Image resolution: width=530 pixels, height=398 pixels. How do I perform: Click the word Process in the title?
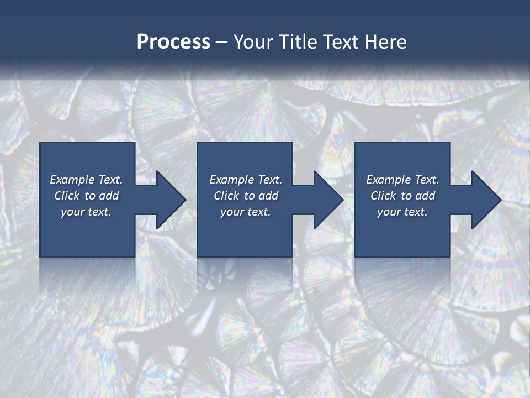pyautogui.click(x=173, y=42)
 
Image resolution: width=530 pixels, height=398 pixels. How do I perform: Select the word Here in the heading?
pyautogui.click(x=385, y=42)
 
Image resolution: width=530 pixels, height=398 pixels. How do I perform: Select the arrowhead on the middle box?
pyautogui.click(x=327, y=200)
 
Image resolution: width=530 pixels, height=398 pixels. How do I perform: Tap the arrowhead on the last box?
pyautogui.click(x=485, y=200)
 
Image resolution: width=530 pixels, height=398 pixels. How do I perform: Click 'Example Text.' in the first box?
pyautogui.click(x=86, y=180)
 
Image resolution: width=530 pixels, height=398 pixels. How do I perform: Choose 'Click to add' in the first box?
pyautogui.click(x=86, y=196)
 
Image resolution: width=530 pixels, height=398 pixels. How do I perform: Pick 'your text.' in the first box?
pyautogui.click(x=86, y=212)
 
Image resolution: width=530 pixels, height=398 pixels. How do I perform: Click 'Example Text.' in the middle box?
pyautogui.click(x=245, y=180)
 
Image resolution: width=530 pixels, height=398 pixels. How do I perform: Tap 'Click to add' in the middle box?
pyautogui.click(x=245, y=196)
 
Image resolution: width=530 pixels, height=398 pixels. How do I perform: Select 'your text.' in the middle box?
pyautogui.click(x=245, y=212)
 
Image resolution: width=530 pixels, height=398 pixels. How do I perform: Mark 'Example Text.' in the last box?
pyautogui.click(x=402, y=180)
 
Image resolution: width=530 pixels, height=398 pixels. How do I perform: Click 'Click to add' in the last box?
pyautogui.click(x=402, y=196)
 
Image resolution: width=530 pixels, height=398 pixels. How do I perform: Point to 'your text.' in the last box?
pyautogui.click(x=402, y=212)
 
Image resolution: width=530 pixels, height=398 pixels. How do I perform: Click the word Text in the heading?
pyautogui.click(x=342, y=42)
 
